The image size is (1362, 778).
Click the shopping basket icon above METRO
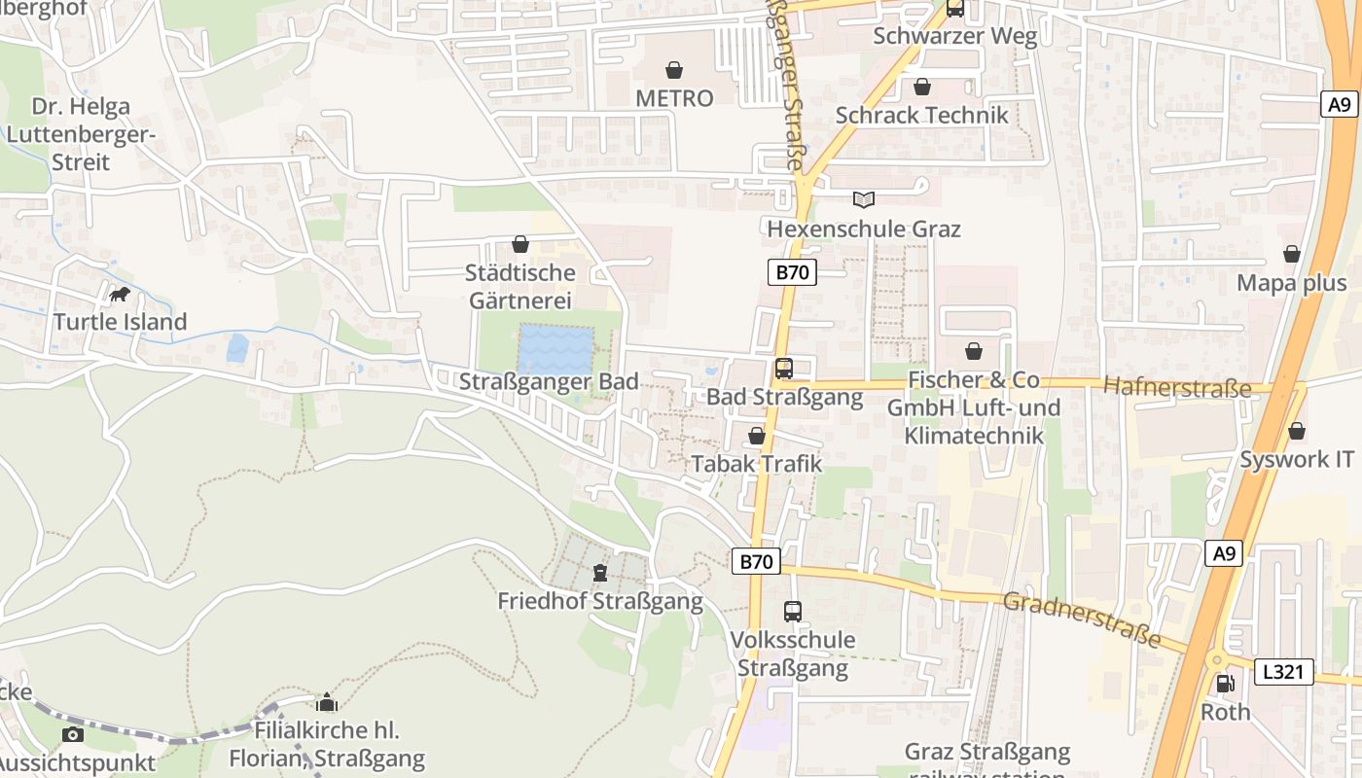click(x=673, y=70)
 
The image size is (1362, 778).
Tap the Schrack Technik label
click(x=922, y=115)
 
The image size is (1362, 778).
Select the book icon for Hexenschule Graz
click(x=864, y=199)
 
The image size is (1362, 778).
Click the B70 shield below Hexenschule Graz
click(x=793, y=272)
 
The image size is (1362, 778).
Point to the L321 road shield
click(x=1284, y=671)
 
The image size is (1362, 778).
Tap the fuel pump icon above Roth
click(x=1226, y=684)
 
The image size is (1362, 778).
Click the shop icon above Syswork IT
click(x=1297, y=430)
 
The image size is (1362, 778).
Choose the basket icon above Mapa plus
click(x=1292, y=254)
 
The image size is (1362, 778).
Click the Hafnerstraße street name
click(x=1177, y=388)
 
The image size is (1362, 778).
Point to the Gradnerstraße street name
click(x=1082, y=619)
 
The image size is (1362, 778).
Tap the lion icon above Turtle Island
click(x=120, y=294)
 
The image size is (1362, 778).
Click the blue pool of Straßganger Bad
click(x=556, y=349)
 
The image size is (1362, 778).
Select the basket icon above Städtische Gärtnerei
click(x=520, y=243)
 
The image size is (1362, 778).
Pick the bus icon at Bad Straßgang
click(x=784, y=369)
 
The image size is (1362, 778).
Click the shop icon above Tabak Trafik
click(x=757, y=436)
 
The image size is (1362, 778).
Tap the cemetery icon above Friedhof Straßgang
click(x=600, y=572)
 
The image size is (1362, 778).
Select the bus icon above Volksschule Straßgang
click(x=793, y=612)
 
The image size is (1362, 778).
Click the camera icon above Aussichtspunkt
click(x=72, y=734)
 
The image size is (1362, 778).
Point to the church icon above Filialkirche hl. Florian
click(x=327, y=702)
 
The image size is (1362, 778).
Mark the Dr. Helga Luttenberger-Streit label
click(x=80, y=134)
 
